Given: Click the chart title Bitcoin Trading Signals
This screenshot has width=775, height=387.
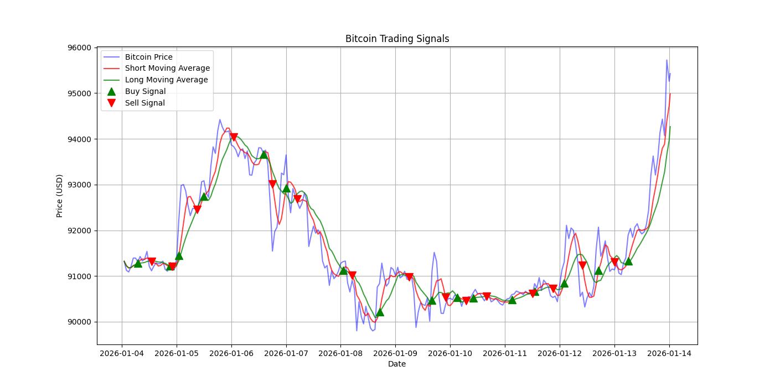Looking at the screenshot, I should [397, 39].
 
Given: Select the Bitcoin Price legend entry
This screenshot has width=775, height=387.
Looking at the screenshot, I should [148, 57].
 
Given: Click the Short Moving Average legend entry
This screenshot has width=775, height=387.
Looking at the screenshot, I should [167, 69].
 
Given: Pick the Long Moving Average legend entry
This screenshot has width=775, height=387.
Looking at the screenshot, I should [166, 80].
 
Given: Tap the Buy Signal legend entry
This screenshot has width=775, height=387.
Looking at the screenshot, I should [145, 91].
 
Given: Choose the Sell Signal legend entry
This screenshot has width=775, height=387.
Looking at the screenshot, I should [144, 103].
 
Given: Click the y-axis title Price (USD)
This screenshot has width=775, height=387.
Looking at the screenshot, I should [59, 196].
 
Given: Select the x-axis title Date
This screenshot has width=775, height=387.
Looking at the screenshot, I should [397, 364].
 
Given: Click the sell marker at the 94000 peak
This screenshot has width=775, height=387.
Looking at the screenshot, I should [234, 137].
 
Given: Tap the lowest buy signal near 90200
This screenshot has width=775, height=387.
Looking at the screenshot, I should [380, 312].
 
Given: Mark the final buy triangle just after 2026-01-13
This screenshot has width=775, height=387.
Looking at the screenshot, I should [628, 261].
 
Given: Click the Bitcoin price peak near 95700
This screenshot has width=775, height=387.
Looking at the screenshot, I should [666, 60].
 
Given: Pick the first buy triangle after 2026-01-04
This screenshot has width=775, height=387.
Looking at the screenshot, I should [138, 263].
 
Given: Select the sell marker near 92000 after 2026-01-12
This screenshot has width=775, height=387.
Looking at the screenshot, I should [582, 265].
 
